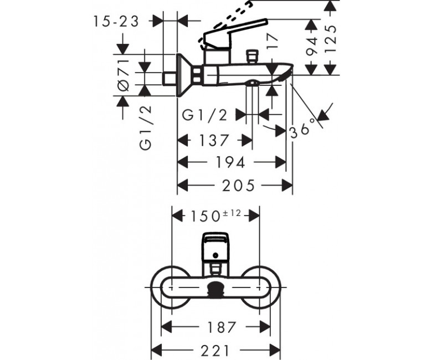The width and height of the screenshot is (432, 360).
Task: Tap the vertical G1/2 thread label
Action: [x=146, y=128]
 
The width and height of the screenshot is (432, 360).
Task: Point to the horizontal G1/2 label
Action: [x=205, y=115]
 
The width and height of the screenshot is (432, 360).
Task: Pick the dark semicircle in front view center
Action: [x=216, y=289]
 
